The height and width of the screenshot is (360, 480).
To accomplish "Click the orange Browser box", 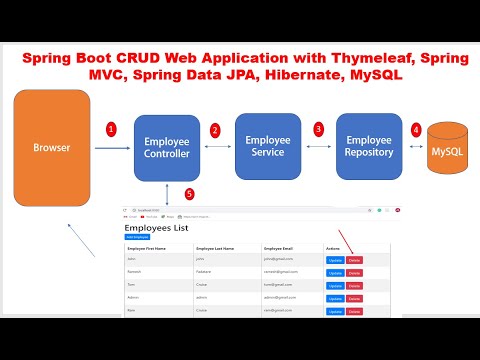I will [x=52, y=147].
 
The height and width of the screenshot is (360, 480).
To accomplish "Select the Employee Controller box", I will [x=167, y=148].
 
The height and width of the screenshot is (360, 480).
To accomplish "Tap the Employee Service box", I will [x=267, y=146].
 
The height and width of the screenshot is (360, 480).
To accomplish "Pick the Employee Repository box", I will [x=369, y=146].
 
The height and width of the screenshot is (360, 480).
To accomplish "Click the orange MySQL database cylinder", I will [x=446, y=151].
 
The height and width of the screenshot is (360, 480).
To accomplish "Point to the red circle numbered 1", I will [x=112, y=129].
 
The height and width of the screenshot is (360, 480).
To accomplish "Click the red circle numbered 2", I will [x=215, y=130].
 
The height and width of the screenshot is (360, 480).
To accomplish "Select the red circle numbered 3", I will [x=318, y=129].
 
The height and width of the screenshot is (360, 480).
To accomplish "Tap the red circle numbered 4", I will [x=416, y=130].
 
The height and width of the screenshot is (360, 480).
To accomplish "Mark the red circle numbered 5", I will [x=190, y=194].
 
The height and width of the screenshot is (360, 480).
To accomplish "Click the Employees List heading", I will [x=156, y=228].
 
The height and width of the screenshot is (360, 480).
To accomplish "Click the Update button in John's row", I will [x=335, y=260].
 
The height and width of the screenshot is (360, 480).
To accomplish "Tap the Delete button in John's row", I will [x=354, y=260].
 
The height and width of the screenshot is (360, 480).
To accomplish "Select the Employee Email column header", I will [x=284, y=247].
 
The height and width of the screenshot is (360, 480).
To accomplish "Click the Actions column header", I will [x=334, y=247].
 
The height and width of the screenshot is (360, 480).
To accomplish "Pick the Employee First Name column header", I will [x=151, y=247].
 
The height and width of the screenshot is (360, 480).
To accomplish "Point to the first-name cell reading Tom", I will [x=131, y=284].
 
